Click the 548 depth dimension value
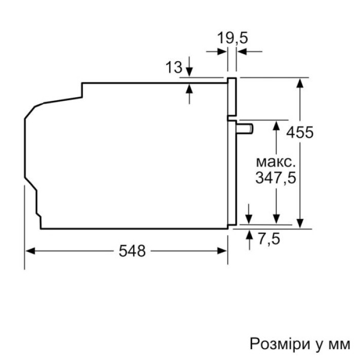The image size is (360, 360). coord(132,251)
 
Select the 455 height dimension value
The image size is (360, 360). coord(299,132)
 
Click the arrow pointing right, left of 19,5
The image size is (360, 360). coord(222,51)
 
